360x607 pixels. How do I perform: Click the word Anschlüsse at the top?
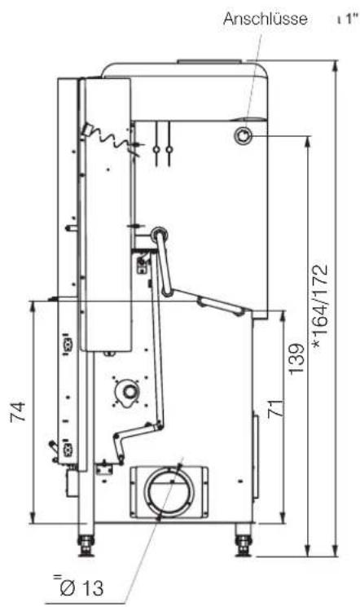pos(266,19)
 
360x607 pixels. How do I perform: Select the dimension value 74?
pos(18,411)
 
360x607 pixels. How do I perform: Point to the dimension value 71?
pos(276,408)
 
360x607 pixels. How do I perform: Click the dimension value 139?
pos(296,358)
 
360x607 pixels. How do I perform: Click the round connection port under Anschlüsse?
pos(243,136)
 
